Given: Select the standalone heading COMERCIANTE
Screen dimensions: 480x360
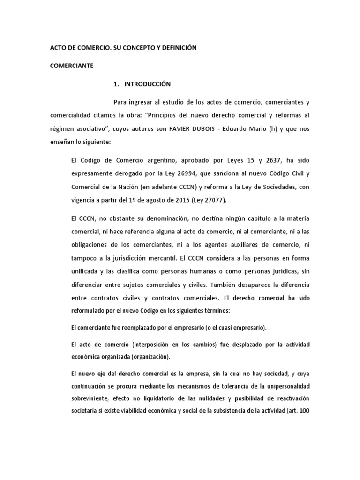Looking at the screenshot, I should [72, 66].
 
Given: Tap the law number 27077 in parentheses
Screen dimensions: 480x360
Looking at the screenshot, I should [212, 200].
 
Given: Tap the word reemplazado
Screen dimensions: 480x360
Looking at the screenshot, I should [135, 327].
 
